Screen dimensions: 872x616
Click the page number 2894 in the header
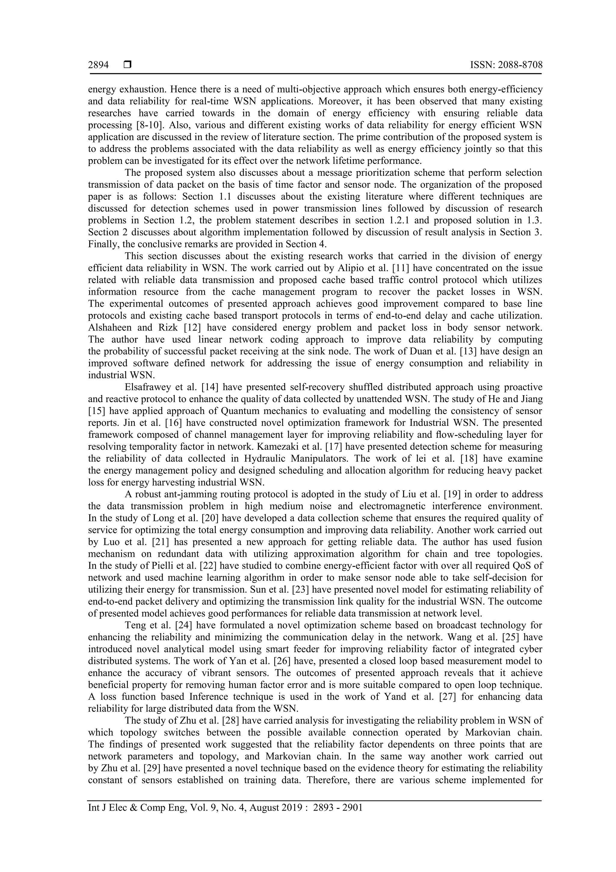98,65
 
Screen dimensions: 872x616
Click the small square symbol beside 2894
128,65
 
